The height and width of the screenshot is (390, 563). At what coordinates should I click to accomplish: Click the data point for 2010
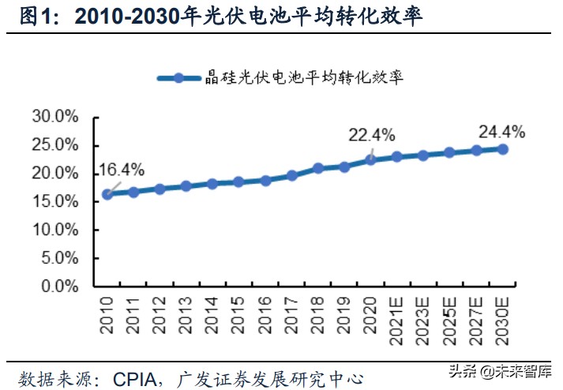[x=107, y=194]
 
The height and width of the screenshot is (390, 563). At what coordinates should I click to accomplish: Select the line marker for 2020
[x=371, y=159]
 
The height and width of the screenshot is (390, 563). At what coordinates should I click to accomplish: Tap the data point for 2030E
[x=503, y=148]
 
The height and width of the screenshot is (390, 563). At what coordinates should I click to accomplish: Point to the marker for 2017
[x=292, y=175]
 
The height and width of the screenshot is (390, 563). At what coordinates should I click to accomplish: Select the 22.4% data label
[x=371, y=135]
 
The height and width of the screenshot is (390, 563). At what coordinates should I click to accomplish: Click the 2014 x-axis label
[x=212, y=313]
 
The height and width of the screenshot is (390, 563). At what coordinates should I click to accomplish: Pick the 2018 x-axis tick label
[x=318, y=313]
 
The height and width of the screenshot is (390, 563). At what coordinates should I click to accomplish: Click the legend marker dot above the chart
[x=179, y=77]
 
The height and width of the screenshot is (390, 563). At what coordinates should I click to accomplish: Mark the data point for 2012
[x=160, y=189]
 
